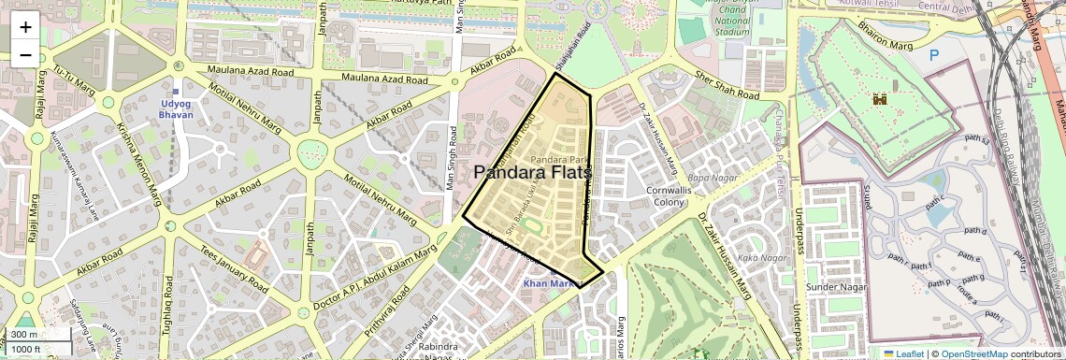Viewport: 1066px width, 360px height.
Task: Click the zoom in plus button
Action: pos(25,27)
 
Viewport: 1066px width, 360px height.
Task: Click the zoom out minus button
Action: pos(25,55)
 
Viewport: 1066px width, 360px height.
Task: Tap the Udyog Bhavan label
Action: pos(176,108)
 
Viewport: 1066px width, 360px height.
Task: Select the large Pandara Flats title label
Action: pos(533,173)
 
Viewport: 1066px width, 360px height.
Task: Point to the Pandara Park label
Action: pos(558,161)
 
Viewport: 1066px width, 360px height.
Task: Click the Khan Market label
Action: pos(548,283)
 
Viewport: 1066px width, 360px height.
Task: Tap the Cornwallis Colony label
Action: pos(668,195)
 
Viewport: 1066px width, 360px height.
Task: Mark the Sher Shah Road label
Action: pos(726,86)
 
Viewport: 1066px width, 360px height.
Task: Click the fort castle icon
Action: pos(879,98)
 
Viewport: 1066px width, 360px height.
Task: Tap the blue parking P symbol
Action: pos(933,55)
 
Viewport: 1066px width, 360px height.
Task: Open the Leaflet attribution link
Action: pos(902,354)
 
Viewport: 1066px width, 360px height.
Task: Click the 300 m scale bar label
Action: pos(25,335)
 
